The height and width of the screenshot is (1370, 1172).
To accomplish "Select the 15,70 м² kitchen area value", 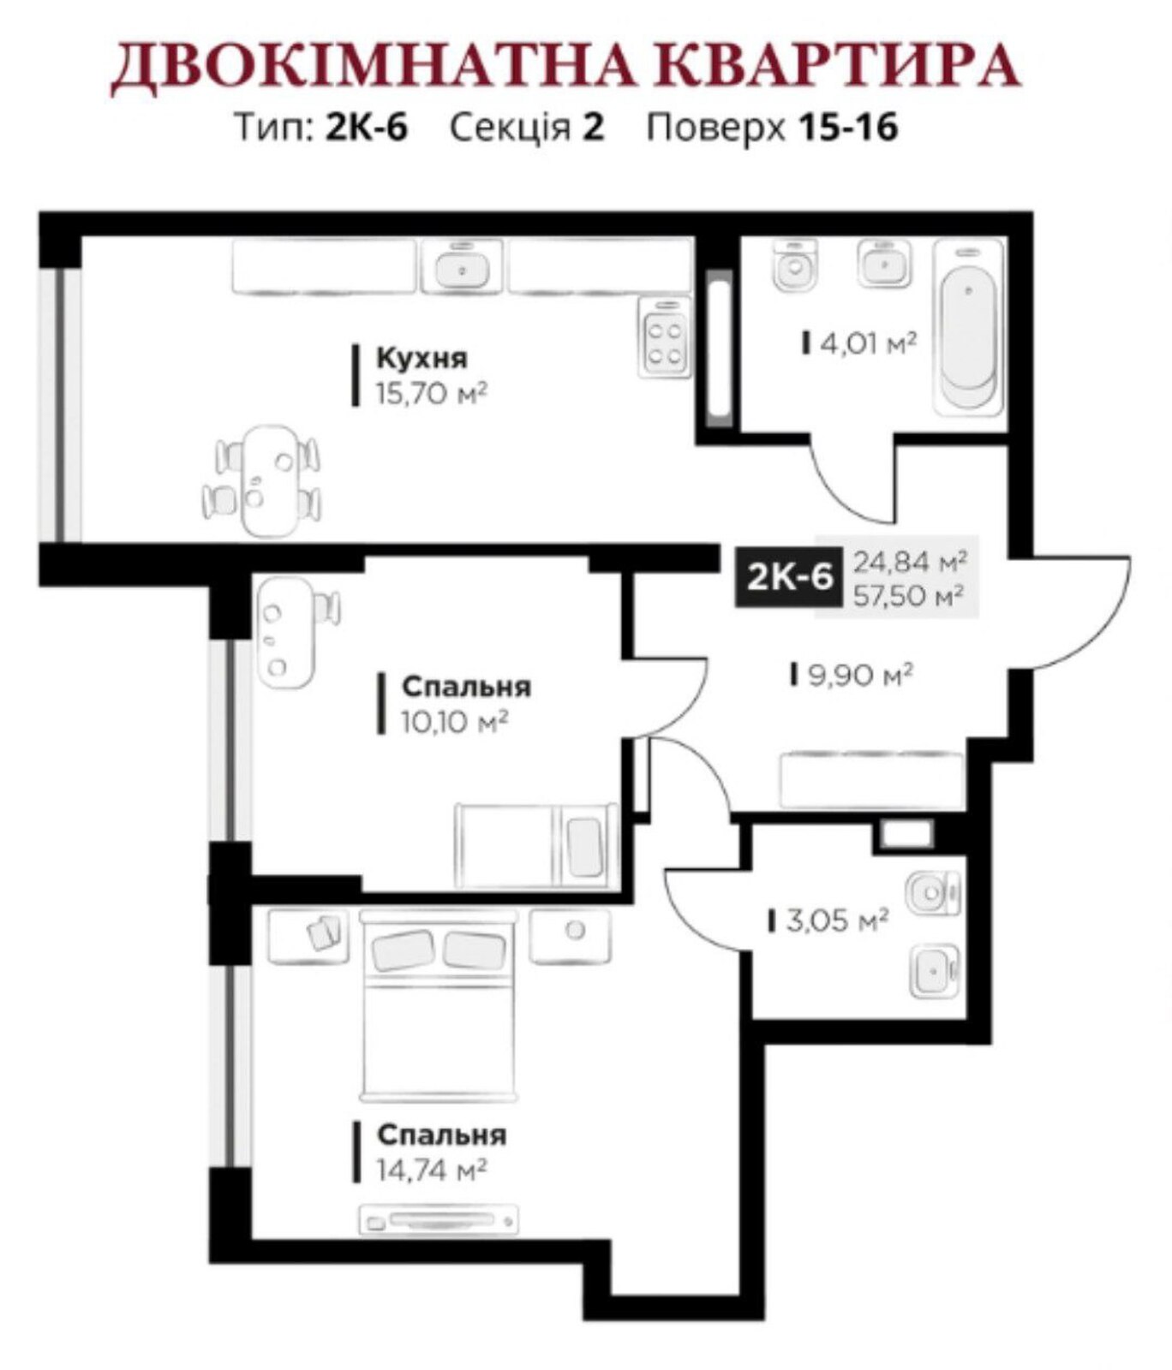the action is click(x=431, y=394).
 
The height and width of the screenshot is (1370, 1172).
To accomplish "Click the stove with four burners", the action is click(x=664, y=339).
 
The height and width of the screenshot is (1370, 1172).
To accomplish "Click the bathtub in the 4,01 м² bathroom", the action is click(x=969, y=328).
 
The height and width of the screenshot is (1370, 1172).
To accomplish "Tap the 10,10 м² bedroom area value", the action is click(x=454, y=723).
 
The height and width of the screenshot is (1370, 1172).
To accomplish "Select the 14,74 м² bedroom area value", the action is click(x=432, y=1170).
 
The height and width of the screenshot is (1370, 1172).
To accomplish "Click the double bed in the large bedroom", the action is click(x=439, y=1007).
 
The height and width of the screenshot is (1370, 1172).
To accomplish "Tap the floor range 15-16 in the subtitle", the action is click(x=847, y=128).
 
